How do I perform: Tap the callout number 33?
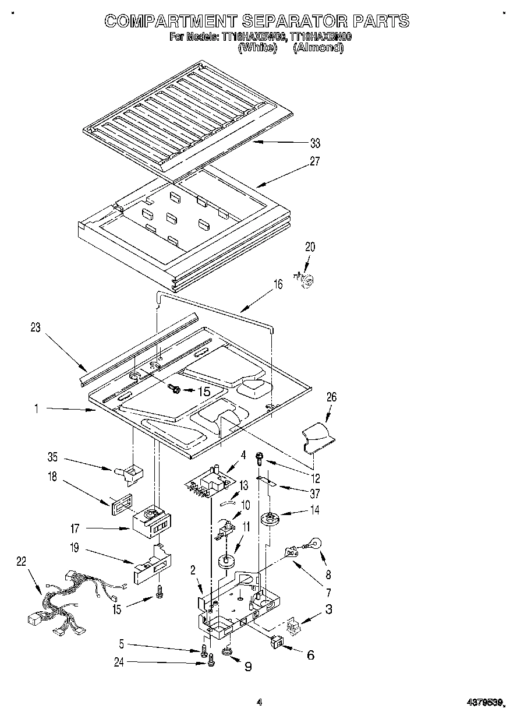[x=315, y=143]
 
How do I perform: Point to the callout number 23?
[x=36, y=327]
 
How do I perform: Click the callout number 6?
[x=310, y=655]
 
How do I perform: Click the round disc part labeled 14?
[x=270, y=517]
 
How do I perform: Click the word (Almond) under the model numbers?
[x=318, y=48]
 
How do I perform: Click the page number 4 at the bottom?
[x=260, y=703]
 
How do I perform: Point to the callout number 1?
[x=36, y=410]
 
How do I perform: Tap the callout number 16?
[x=278, y=284]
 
